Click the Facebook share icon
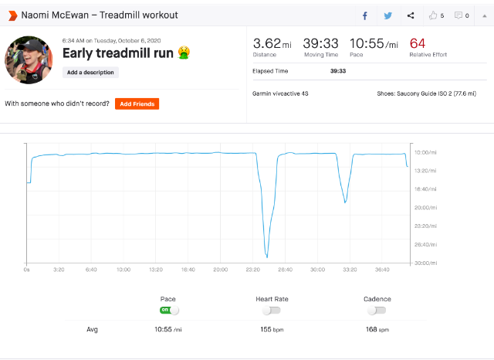365,15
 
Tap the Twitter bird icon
387,15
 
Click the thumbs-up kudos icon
433,15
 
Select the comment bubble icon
458,15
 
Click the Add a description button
90,72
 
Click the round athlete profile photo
29,60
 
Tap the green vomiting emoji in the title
184,53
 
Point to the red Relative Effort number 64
418,43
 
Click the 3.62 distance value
266,43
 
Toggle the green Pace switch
169,311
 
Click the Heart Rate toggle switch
271,311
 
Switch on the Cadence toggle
377,311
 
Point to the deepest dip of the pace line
267,257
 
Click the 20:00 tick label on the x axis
220,270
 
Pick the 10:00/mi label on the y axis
425,152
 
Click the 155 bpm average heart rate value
272,329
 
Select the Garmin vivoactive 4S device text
280,93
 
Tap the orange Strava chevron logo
13,15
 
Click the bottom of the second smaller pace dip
345,202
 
